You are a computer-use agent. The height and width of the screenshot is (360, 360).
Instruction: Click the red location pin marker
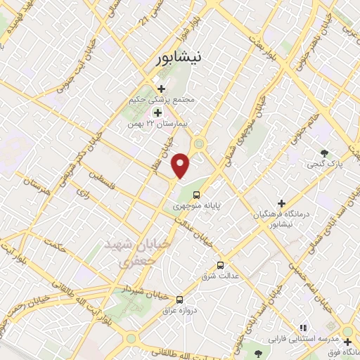[x=181, y=165]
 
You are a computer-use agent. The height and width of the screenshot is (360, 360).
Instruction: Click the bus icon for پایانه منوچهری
[x=196, y=194]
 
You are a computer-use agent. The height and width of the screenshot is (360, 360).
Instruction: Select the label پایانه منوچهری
[x=196, y=207]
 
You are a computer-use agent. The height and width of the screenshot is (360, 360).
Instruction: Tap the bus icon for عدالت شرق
[x=221, y=265]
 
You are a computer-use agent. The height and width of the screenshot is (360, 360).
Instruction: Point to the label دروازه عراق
[x=179, y=310]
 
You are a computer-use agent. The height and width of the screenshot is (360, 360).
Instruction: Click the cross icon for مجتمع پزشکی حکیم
[x=161, y=89]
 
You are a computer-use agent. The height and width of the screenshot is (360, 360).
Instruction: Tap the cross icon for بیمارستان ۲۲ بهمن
[x=157, y=112]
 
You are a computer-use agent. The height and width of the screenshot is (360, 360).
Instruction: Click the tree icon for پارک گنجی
[x=324, y=153]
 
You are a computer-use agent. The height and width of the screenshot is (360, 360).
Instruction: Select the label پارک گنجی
[x=323, y=165]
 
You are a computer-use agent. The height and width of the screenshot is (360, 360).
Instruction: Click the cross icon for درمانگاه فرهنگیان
[x=281, y=202]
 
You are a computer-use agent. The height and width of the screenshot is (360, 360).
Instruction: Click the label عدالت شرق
[x=221, y=276]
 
